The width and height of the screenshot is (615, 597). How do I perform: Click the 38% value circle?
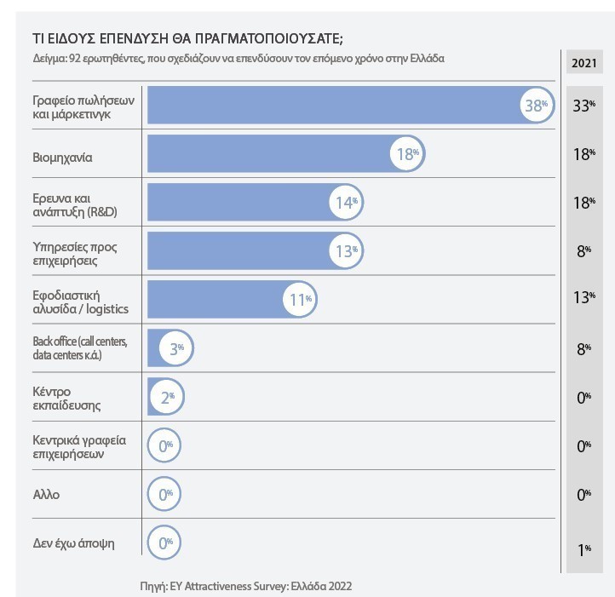(537, 106)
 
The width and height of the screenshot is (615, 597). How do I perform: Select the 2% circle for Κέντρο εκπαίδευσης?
(166, 396)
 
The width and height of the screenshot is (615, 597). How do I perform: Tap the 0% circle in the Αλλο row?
(164, 494)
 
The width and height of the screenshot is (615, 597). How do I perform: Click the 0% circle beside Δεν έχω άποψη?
(164, 542)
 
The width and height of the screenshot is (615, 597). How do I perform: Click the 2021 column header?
(583, 63)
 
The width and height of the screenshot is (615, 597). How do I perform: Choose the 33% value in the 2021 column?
(583, 106)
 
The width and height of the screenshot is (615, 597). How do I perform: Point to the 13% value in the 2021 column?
(583, 296)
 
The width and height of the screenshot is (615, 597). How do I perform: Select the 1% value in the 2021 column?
(584, 549)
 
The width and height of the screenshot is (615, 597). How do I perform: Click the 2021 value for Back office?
(583, 347)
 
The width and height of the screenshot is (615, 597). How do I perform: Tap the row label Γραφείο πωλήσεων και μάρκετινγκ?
(78, 106)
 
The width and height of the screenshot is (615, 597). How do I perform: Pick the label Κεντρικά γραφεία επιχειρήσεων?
(78, 445)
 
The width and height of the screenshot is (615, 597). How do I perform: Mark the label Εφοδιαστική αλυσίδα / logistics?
(80, 300)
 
